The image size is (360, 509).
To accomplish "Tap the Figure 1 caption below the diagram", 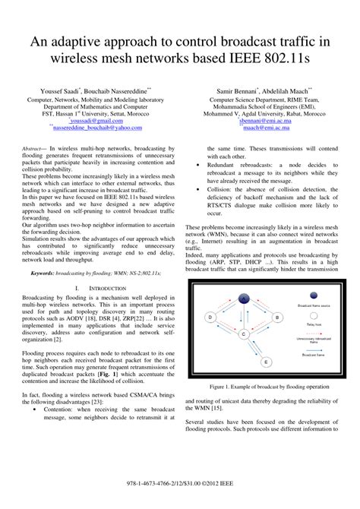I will click(x=266, y=387).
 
